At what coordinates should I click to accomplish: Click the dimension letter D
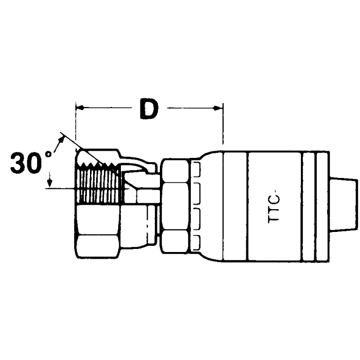click(149, 109)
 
